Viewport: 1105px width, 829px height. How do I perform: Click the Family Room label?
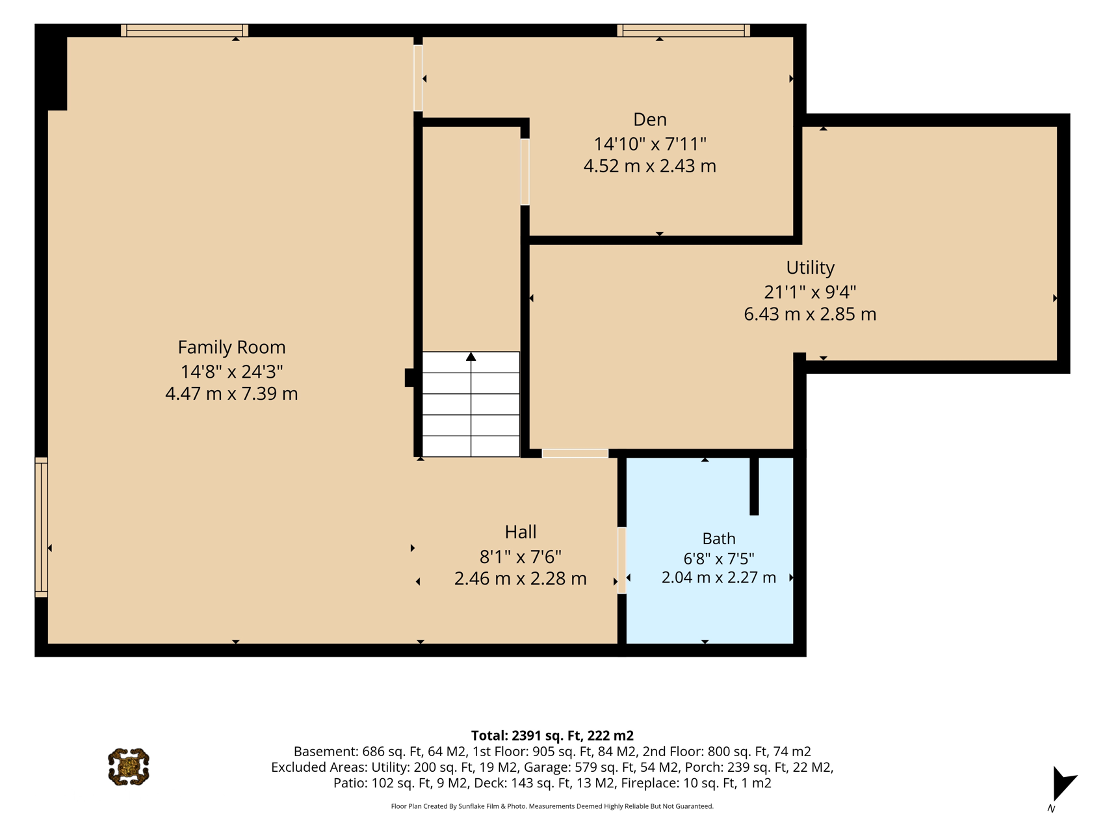point(231,347)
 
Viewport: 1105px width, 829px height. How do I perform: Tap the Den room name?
point(650,120)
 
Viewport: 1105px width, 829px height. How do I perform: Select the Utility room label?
point(810,268)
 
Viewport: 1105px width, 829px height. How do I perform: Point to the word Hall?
point(521,532)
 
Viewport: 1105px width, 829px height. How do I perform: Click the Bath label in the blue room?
point(719,538)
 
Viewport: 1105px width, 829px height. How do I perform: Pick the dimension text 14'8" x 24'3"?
point(231,371)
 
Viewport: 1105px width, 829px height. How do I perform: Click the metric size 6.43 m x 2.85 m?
point(810,314)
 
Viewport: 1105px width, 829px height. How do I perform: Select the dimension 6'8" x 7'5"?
point(719,559)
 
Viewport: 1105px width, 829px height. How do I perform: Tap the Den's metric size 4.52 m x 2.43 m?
point(650,166)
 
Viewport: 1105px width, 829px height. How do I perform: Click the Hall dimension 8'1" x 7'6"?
point(521,557)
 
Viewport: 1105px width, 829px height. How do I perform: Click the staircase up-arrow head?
point(471,356)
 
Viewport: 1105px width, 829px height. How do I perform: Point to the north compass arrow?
point(1063,783)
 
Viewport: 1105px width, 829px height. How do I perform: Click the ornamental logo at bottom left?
point(129,767)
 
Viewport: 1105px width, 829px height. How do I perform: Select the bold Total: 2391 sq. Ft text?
point(552,735)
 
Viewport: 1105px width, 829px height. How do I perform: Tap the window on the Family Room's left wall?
point(41,527)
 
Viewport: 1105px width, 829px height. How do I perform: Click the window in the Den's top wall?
point(683,31)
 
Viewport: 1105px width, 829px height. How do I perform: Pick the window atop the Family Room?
point(185,31)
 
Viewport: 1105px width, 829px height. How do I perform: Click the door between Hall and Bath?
point(621,560)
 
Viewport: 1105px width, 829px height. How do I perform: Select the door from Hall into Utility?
point(575,453)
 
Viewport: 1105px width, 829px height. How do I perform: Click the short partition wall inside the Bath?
point(754,486)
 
